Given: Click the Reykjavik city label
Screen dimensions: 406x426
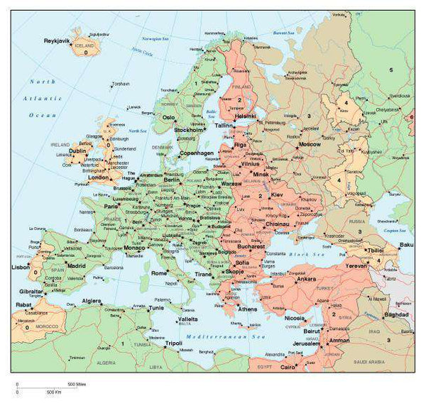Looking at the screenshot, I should tap(56, 41).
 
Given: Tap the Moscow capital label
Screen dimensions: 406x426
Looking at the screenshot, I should tap(310, 144).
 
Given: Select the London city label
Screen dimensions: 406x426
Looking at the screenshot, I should tap(99, 177).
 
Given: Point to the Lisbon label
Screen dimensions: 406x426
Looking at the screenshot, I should tap(21, 268).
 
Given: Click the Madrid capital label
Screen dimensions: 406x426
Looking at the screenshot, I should tap(76, 266).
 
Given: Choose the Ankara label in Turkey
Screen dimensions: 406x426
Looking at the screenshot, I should tap(306, 279).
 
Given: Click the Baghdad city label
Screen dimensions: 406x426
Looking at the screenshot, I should tap(396, 314).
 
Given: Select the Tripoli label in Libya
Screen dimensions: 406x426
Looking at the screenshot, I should tap(174, 344).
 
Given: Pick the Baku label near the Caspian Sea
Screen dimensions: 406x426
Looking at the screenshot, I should tap(406, 246).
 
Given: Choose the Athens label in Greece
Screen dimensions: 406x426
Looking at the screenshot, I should tap(248, 309).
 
